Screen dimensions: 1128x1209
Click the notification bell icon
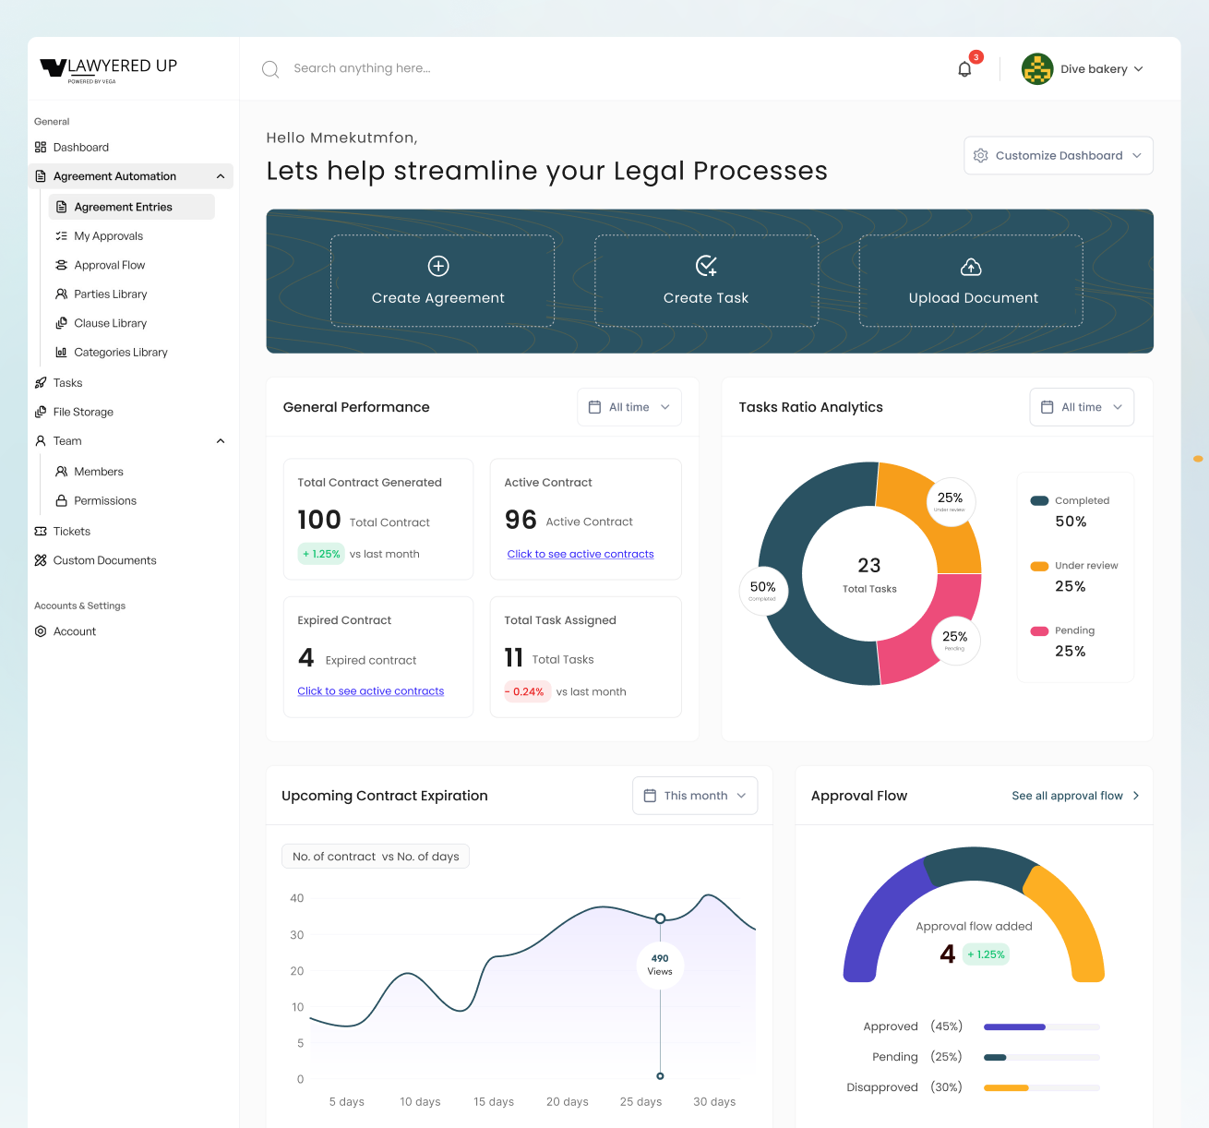964,69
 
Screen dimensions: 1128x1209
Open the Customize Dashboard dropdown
1059,156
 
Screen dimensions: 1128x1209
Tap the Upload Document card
971,281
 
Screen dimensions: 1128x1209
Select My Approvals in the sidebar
108,236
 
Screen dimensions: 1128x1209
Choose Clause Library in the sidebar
110,323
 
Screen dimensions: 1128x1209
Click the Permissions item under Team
104,501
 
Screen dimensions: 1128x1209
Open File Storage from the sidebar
83,413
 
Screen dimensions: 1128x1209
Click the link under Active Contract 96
580,554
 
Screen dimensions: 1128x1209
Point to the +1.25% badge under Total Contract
321,554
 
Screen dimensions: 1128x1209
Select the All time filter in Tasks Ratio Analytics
1082,407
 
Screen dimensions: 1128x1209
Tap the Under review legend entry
1074,576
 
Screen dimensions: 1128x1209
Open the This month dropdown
695,796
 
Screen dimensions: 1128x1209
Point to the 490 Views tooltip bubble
660,965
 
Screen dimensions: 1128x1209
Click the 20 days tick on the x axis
567,1102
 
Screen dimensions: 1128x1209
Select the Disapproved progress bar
1041,1087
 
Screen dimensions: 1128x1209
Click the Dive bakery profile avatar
1037,69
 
